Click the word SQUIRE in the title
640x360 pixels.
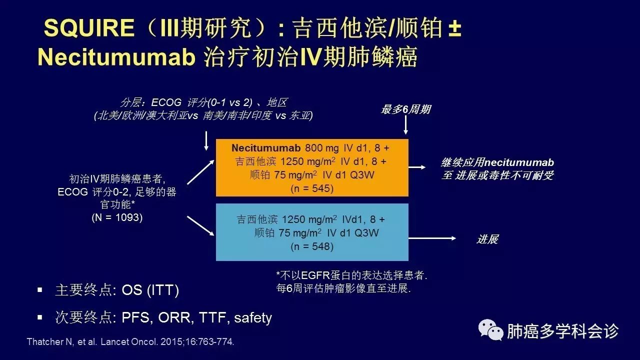89,27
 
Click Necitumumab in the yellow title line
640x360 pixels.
116,57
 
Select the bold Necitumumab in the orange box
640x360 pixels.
265,147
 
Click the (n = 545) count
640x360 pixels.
312,188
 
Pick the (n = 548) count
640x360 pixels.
312,246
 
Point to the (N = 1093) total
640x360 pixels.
117,217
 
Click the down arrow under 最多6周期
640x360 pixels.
405,124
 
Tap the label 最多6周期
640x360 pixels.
406,109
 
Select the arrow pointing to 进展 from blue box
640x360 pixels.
432,238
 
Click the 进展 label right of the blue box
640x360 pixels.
487,239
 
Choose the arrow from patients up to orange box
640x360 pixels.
200,172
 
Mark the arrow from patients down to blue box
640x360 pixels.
200,226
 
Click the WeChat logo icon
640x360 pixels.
491,329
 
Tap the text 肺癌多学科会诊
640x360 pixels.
563,331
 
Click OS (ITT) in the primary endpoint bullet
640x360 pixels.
150,290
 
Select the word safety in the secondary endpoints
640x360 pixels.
253,318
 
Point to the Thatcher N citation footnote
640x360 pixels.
130,341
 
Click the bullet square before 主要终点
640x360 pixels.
40,290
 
